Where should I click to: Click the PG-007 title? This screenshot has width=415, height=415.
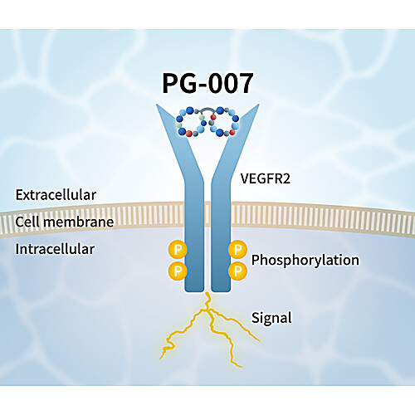(x=207, y=83)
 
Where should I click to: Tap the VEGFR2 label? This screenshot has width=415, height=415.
(x=266, y=178)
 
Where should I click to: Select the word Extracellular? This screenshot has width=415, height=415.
(x=56, y=195)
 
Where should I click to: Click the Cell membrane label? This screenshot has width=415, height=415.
(x=65, y=222)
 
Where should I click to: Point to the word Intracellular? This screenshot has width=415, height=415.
(x=55, y=249)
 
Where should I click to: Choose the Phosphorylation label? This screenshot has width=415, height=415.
(x=305, y=260)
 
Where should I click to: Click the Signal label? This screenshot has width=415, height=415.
(x=271, y=318)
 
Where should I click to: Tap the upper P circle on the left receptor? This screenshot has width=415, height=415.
(x=178, y=250)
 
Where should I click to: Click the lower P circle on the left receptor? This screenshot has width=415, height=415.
(x=178, y=271)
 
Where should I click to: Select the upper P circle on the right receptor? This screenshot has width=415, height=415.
(x=237, y=250)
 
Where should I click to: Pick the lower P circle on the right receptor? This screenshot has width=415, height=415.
(x=237, y=271)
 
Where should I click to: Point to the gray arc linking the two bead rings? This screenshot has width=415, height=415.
(x=207, y=109)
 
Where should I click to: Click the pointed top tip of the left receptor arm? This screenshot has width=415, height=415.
(x=157, y=105)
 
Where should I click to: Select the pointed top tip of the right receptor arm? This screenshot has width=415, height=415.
(x=259, y=105)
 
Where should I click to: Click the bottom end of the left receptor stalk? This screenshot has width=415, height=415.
(x=194, y=291)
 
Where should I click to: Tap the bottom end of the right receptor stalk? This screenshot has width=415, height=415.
(x=221, y=291)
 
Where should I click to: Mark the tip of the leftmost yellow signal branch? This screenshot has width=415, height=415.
(x=160, y=359)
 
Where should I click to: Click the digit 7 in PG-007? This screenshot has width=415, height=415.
(x=244, y=83)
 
